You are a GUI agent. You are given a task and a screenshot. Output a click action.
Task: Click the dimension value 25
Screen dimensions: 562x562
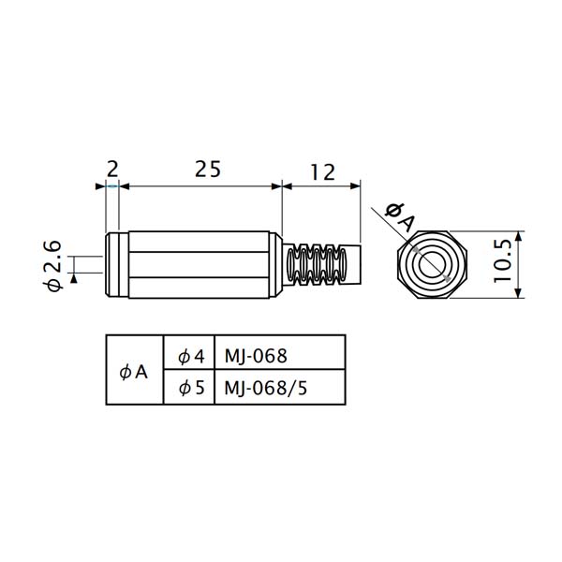[x=208, y=170]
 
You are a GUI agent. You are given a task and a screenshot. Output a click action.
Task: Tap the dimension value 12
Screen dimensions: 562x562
[x=322, y=172]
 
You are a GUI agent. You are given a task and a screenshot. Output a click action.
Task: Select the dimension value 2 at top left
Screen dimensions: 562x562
[x=112, y=170]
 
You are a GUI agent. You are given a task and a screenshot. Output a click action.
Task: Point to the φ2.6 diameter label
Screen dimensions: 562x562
[x=52, y=266]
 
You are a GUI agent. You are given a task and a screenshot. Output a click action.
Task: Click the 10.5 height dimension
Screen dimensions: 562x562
[x=502, y=260]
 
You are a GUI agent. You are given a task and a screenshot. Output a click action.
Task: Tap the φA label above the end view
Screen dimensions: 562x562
[x=400, y=216]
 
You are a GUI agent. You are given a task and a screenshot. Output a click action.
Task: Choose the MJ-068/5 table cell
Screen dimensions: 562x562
[x=266, y=388]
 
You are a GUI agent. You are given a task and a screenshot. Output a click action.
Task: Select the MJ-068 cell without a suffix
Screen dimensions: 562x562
[x=256, y=356]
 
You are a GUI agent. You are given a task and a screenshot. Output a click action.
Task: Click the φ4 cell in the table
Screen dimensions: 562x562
[x=191, y=357]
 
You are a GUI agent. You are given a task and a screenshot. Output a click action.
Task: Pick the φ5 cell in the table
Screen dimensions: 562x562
[x=191, y=388]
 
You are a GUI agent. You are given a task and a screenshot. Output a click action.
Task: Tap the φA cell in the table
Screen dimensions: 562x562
[x=133, y=373]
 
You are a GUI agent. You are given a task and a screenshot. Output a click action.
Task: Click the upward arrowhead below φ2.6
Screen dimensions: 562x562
[x=74, y=278]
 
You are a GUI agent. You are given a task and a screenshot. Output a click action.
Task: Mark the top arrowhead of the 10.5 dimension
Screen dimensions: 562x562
[x=518, y=237]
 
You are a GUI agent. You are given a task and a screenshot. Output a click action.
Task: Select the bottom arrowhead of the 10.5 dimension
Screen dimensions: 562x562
[x=518, y=292]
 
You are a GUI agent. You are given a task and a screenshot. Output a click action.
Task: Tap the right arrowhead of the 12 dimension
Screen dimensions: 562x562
[x=355, y=186]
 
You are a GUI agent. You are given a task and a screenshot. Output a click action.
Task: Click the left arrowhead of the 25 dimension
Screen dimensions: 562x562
[x=124, y=186]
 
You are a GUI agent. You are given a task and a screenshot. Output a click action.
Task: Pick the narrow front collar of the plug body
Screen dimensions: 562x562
[x=117, y=264]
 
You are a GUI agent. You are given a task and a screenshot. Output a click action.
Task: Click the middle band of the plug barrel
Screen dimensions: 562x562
[x=199, y=264]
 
